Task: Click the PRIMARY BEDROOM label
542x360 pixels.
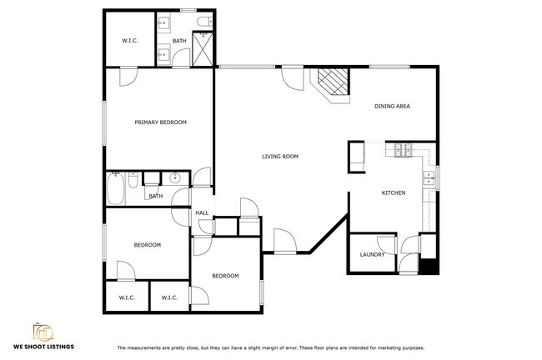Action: (161, 122)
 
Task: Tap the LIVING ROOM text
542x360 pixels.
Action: (280, 157)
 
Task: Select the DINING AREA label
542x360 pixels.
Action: (392, 107)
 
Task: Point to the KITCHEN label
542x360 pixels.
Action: (394, 193)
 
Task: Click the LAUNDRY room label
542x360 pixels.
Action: (371, 255)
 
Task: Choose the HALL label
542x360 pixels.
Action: (202, 213)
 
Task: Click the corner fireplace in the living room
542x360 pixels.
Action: (333, 82)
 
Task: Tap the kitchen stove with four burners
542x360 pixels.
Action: (404, 151)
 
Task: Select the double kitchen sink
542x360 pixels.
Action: (429, 177)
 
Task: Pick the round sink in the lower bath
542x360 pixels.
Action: (175, 177)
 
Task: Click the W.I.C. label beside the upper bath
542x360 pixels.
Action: (129, 40)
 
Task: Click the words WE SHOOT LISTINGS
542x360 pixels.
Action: (43, 347)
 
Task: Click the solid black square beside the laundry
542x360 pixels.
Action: (428, 267)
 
